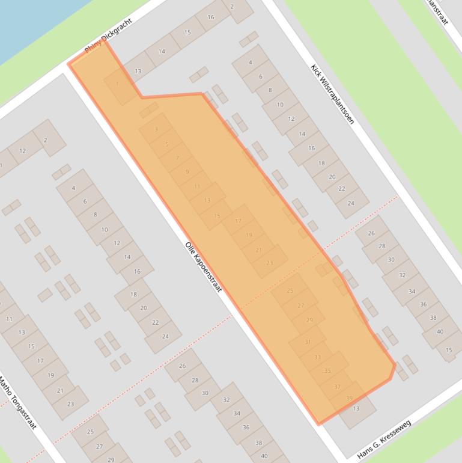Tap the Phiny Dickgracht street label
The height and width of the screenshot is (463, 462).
point(108,38)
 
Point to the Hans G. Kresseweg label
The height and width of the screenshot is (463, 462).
point(384,440)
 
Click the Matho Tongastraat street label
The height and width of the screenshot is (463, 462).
point(17,402)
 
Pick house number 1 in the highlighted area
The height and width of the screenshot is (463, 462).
point(117,84)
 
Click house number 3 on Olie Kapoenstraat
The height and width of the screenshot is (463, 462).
point(156,129)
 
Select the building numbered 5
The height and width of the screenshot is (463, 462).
point(166,144)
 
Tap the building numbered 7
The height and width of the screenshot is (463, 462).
point(177,158)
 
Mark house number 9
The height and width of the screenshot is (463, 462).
point(187,172)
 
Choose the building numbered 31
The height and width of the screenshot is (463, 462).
point(308,342)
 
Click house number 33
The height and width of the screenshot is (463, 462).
point(318,357)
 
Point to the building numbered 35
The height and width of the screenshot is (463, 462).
point(327,371)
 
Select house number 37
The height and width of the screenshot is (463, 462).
point(338,387)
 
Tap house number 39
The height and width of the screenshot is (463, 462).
point(349,398)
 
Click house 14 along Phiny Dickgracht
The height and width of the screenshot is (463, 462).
point(162,52)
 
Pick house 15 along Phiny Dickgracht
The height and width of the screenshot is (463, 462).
point(187,32)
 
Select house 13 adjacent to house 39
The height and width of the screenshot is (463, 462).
point(356,409)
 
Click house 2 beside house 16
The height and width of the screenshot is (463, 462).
point(232,7)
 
